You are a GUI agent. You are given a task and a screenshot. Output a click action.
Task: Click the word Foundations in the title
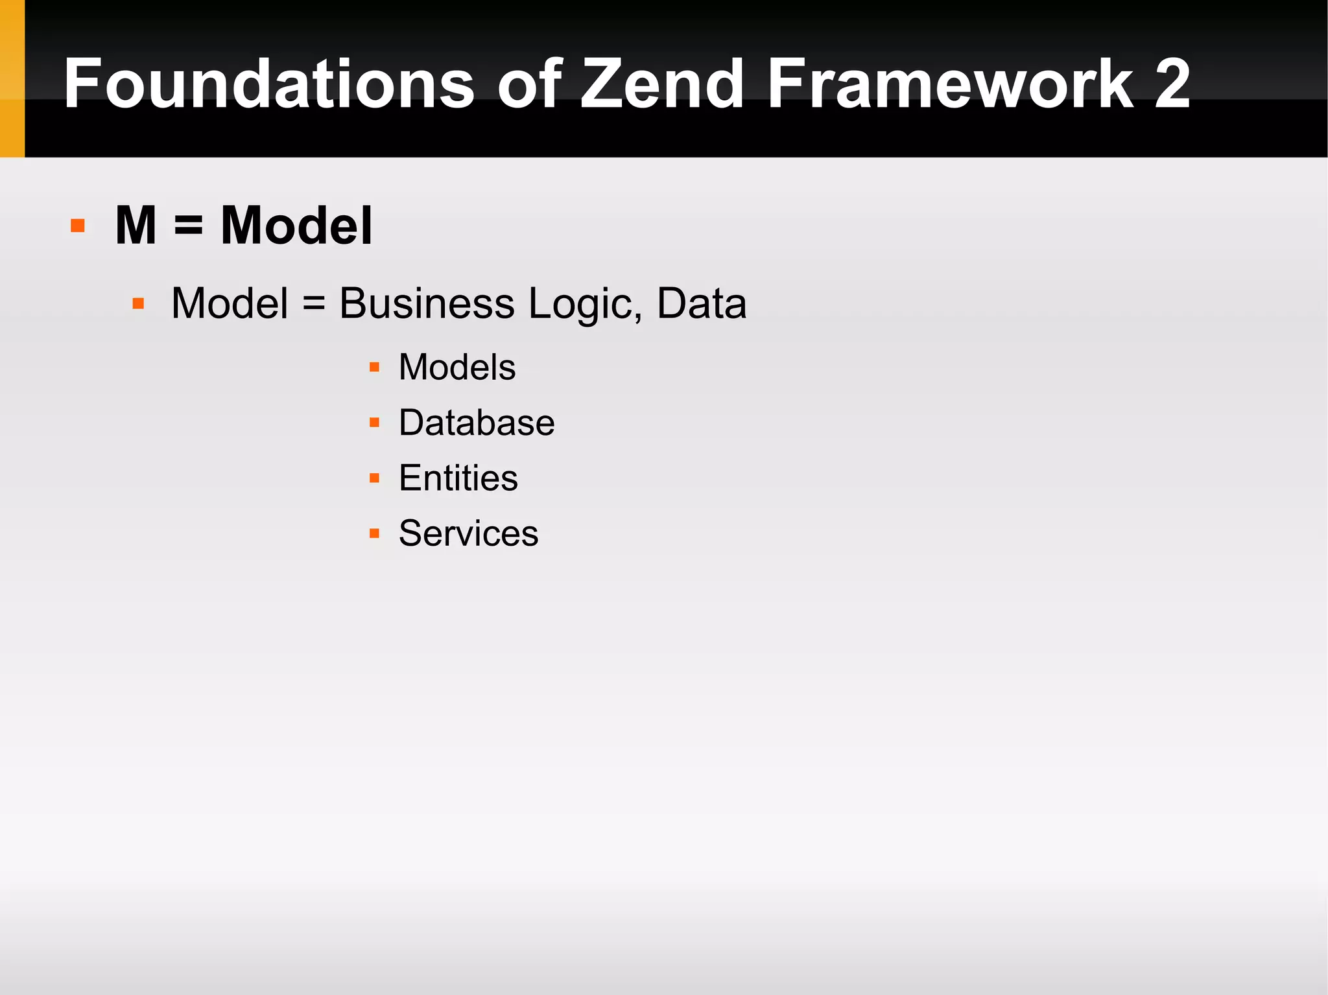[x=269, y=84]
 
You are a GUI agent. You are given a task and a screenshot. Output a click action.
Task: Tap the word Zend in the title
[x=661, y=84]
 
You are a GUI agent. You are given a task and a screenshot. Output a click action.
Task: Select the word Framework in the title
[x=950, y=84]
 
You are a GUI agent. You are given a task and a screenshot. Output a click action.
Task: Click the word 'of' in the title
[x=528, y=84]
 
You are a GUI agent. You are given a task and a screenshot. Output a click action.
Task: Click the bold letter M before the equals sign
[x=136, y=226]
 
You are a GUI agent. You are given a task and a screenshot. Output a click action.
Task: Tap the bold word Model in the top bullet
[x=296, y=226]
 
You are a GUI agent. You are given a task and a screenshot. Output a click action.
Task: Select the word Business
[x=427, y=303]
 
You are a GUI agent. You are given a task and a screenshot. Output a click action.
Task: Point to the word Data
[x=702, y=303]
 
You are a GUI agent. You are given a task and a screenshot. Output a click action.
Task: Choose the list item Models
[x=457, y=368]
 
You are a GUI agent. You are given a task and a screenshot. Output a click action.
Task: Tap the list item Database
[x=477, y=423]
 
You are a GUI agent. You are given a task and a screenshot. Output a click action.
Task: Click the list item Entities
[x=458, y=478]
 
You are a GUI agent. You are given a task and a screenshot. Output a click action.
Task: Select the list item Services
[x=468, y=533]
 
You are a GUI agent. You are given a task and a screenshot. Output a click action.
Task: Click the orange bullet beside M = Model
[x=78, y=226]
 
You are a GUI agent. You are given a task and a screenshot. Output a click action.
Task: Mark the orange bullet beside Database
[x=374, y=423]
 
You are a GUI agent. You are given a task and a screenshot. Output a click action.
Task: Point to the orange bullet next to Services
[x=374, y=533]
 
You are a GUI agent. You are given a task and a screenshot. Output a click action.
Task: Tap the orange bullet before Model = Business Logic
[x=138, y=303]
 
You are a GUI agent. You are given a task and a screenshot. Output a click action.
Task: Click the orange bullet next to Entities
[x=374, y=478]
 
